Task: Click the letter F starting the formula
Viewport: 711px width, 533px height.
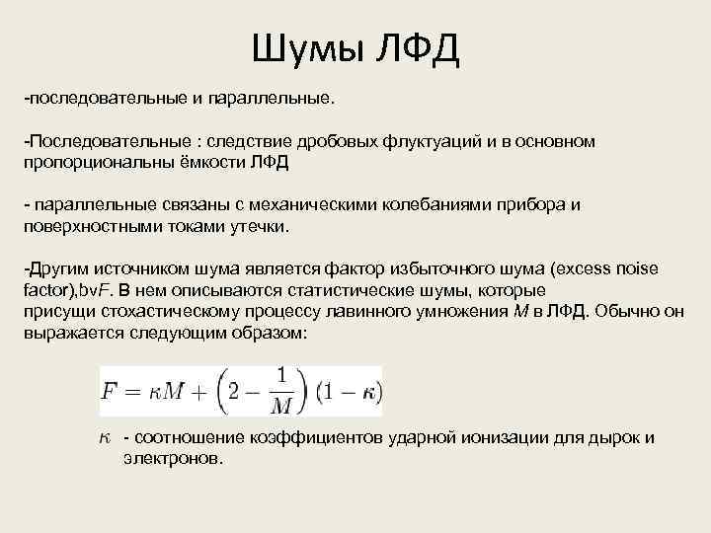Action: [x=109, y=392]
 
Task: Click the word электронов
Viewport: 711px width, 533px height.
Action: [x=169, y=459]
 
